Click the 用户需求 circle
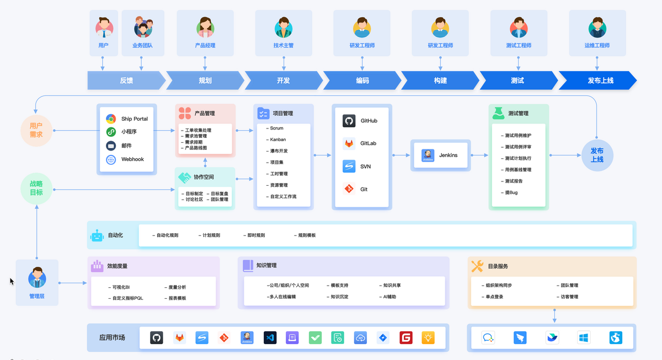coord(36,130)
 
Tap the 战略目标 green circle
coord(36,189)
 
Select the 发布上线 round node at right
coord(597,155)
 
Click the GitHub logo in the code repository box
coord(349,121)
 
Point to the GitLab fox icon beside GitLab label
coord(349,143)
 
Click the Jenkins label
coord(448,155)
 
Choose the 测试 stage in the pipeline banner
coord(517,80)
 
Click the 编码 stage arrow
coord(362,80)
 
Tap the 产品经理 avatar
coord(205,27)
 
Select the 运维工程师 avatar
coord(597,27)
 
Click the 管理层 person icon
coord(37,278)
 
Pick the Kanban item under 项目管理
coord(277,139)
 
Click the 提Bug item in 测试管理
coord(511,192)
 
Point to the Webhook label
coord(132,159)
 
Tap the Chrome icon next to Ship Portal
coord(111,119)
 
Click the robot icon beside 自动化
coord(98,236)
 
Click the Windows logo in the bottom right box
coord(584,337)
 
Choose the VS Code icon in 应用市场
coord(270,337)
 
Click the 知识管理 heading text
coord(266,266)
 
